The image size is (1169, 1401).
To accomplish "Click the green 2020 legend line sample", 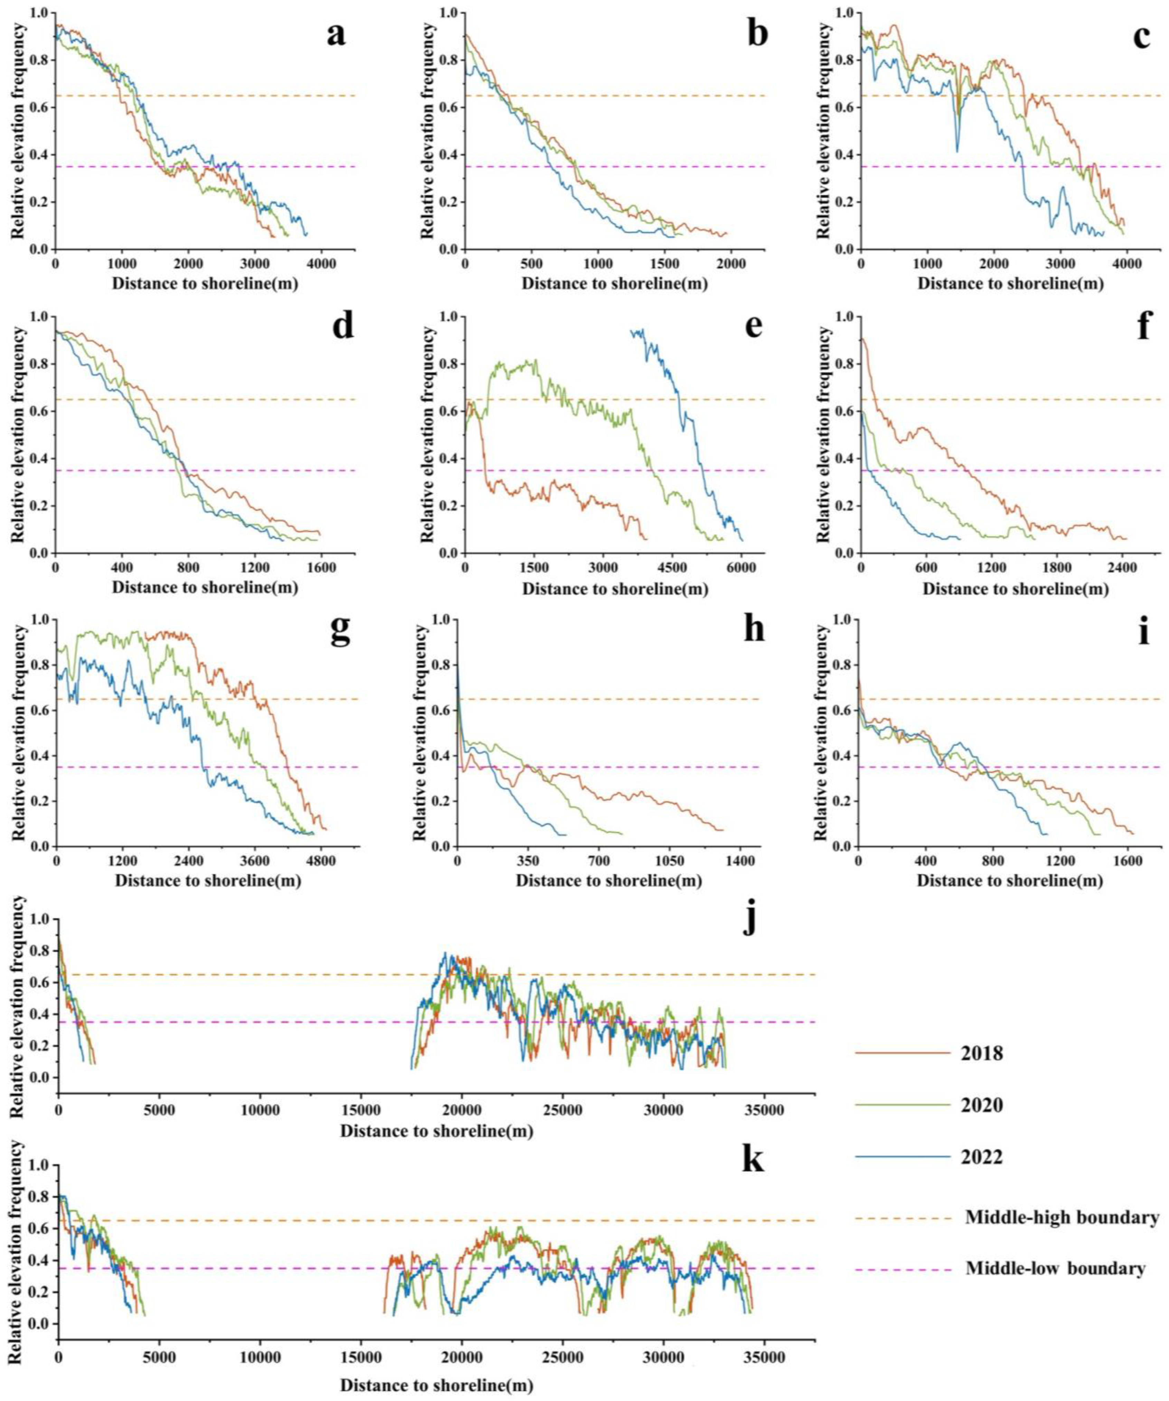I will point(902,1105).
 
